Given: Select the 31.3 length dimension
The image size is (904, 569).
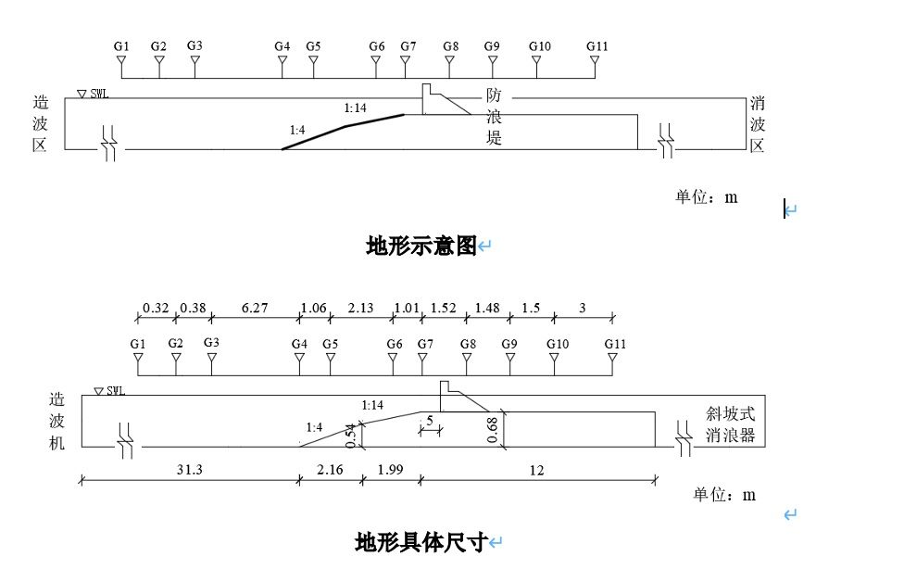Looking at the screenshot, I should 189,470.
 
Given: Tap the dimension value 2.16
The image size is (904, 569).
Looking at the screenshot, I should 330,470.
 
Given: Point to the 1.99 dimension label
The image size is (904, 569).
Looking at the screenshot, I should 390,470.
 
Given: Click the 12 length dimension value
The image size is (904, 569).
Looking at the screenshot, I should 536,470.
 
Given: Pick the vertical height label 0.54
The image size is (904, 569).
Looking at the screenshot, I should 351,435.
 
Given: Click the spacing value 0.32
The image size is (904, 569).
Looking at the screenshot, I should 156,309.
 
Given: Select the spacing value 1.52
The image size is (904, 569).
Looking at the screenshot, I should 444,309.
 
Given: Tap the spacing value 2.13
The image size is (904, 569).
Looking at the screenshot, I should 360,309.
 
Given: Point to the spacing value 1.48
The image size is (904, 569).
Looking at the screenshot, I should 487,309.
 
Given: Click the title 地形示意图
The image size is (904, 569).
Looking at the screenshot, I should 421,247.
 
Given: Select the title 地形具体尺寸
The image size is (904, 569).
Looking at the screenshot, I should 421,542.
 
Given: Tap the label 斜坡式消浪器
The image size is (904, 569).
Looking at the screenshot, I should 730,424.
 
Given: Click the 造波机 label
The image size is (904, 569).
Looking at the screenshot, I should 57,422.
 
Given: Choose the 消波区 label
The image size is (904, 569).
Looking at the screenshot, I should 757,124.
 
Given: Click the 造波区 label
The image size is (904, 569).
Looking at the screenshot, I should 40,124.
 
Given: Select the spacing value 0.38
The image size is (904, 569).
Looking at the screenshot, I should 193,309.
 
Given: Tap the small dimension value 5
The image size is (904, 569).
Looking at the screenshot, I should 430,421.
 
